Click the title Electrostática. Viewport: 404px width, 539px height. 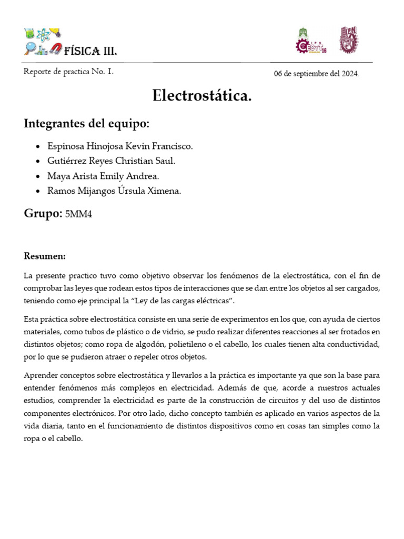pyautogui.click(x=202, y=96)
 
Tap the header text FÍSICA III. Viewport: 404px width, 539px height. pyautogui.click(x=90, y=51)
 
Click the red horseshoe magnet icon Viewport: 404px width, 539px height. pyautogui.click(x=56, y=49)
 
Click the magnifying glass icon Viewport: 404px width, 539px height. pyautogui.click(x=29, y=49)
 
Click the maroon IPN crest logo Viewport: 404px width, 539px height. pyautogui.click(x=347, y=40)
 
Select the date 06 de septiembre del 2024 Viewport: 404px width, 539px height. pyautogui.click(x=317, y=74)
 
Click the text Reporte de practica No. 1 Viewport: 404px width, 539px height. pyautogui.click(x=68, y=72)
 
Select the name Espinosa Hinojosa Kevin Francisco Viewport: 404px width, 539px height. pyautogui.click(x=120, y=146)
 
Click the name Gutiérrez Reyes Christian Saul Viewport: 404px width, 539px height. pyautogui.click(x=112, y=161)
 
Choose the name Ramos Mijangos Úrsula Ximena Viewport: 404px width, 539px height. pyautogui.click(x=114, y=192)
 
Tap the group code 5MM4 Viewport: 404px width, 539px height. pyautogui.click(x=78, y=214)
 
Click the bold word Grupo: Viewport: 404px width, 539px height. pyautogui.click(x=43, y=214)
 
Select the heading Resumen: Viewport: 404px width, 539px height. pyautogui.click(x=45, y=256)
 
